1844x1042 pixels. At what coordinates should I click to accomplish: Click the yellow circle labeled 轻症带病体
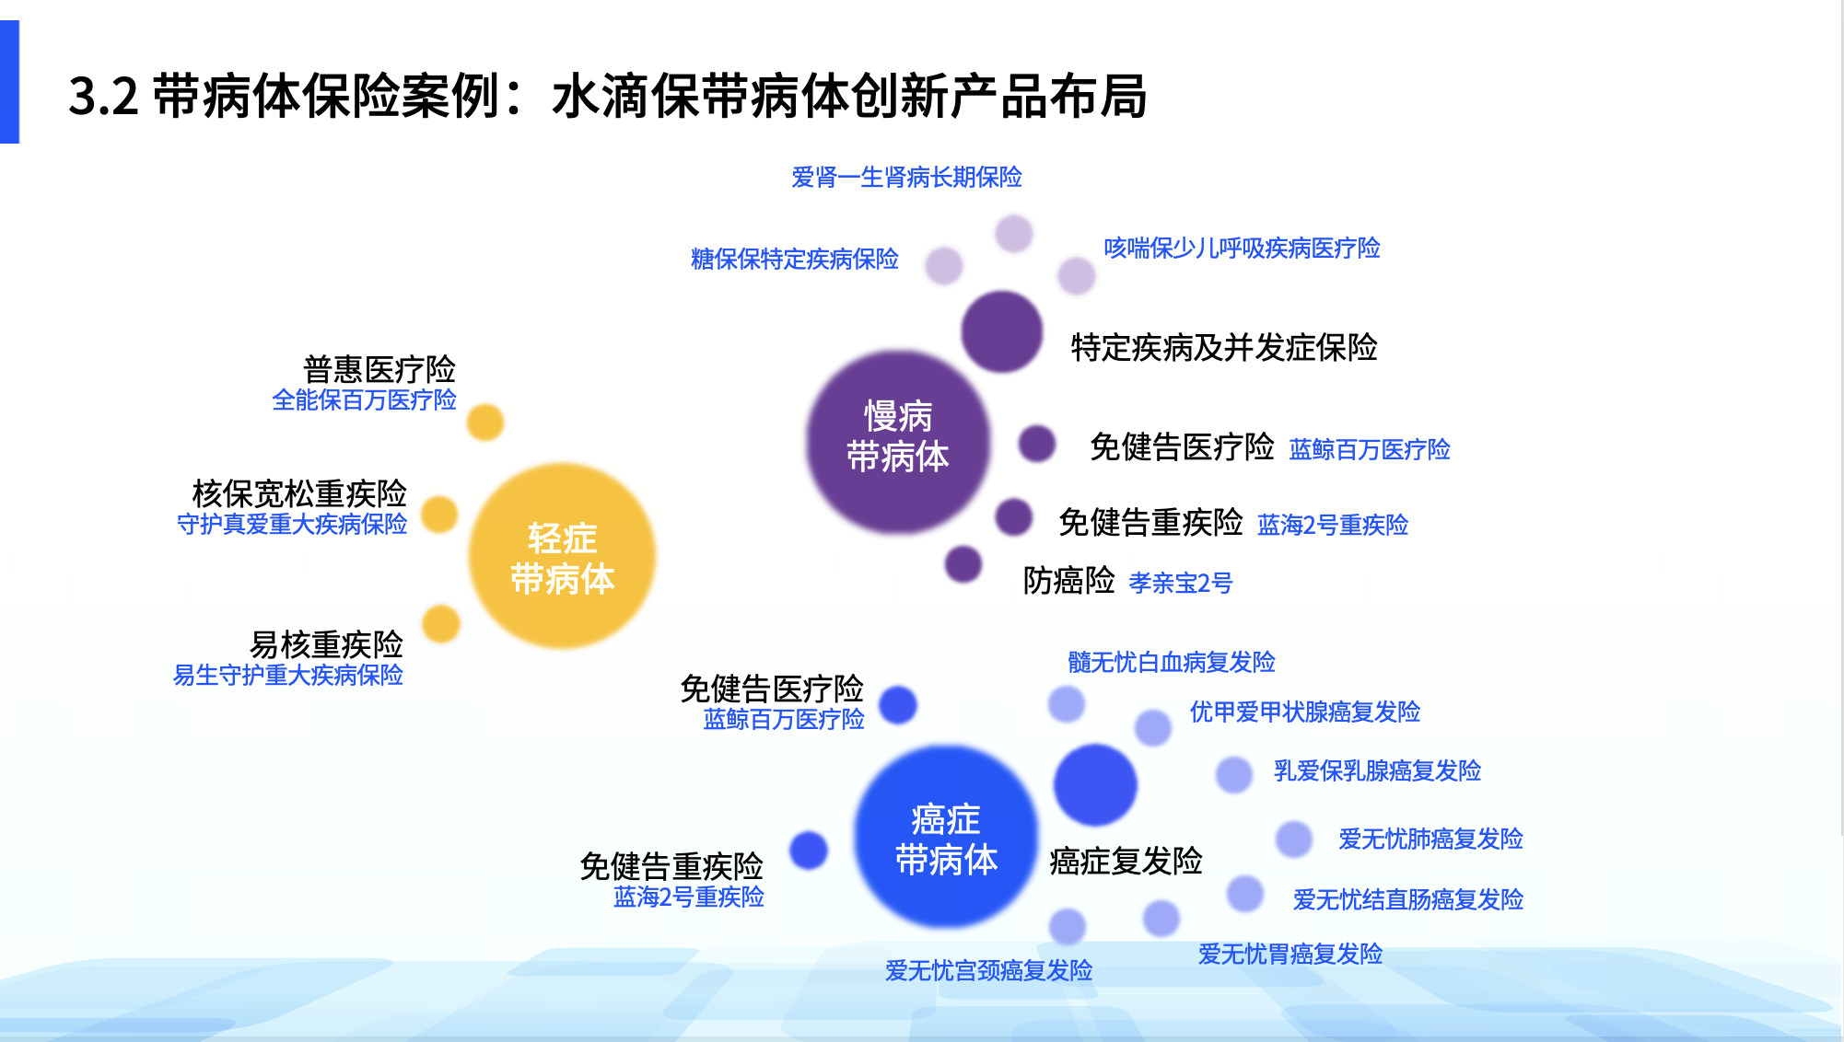click(562, 557)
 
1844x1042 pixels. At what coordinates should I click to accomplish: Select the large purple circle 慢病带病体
click(897, 442)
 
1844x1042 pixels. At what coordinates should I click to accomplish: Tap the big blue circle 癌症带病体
click(946, 837)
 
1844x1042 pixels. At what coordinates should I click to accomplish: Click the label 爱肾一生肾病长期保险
click(906, 177)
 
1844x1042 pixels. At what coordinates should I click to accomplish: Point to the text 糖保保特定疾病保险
click(794, 259)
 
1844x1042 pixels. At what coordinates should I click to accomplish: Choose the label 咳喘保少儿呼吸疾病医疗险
click(1241, 248)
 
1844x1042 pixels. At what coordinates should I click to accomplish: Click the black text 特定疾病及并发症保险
click(1223, 348)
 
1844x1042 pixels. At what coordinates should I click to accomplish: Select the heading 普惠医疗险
click(379, 369)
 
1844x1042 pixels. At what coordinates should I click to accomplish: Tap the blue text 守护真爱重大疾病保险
click(292, 524)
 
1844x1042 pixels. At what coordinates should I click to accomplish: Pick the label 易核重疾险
click(326, 643)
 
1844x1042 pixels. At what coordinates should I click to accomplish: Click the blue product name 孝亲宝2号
click(1180, 583)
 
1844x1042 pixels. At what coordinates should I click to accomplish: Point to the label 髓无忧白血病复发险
click(1171, 662)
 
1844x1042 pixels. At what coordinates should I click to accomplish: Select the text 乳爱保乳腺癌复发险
click(1376, 770)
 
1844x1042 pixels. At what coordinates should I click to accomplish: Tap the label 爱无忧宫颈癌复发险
click(988, 970)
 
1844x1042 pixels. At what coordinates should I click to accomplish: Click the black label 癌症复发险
click(1126, 861)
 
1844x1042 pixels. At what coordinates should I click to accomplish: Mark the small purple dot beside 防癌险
click(963, 563)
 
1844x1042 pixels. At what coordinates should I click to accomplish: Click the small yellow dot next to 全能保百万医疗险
click(484, 423)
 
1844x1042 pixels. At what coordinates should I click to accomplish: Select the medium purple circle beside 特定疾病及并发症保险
click(1001, 331)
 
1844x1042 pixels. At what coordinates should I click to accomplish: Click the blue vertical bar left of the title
click(9, 82)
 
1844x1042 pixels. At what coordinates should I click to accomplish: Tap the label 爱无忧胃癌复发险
click(1290, 954)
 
